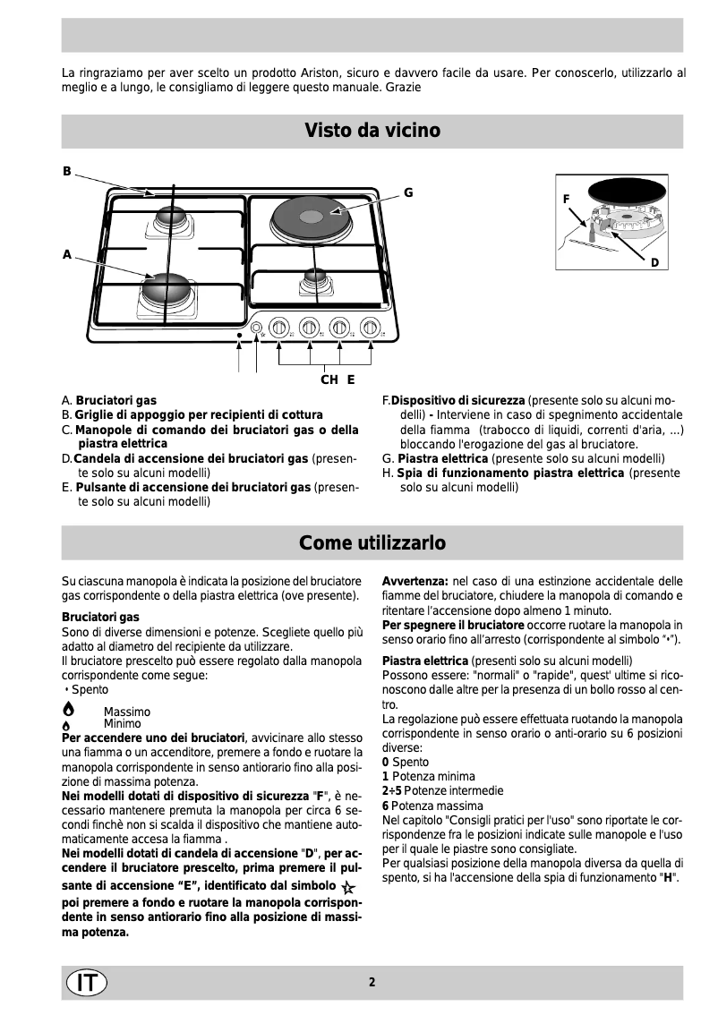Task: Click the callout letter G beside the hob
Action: pos(408,192)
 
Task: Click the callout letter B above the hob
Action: pos(66,171)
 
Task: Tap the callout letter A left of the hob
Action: pos(66,255)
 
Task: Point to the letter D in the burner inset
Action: pos(655,263)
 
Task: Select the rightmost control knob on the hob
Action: pos(369,328)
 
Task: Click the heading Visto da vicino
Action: pos(372,131)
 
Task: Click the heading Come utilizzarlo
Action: pos(372,543)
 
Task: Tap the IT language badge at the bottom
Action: pos(86,982)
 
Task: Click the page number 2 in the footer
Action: pos(372,982)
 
